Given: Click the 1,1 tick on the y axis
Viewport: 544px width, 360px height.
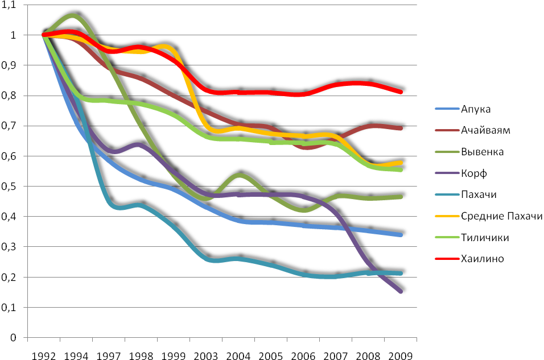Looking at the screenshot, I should click(x=11, y=5).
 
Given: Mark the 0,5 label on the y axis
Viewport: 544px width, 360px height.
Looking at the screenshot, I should click(x=11, y=187).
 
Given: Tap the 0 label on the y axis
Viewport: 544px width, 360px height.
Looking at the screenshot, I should click(x=16, y=338).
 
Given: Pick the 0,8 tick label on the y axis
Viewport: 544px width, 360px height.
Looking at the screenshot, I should click(x=11, y=96).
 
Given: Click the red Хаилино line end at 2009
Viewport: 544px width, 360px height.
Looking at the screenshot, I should click(x=401, y=92).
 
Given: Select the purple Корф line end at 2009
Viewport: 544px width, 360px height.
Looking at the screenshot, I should click(x=401, y=291).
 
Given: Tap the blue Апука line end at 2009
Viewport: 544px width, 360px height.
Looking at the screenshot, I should click(x=401, y=235).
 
